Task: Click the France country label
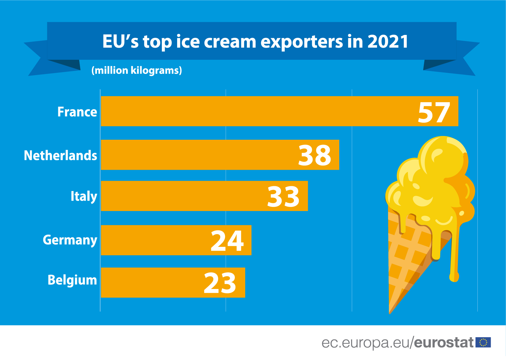pos(77,112)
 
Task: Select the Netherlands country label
pos(60,156)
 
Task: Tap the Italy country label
pos(84,197)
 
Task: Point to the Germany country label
pos(70,240)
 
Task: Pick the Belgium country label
pos(72,280)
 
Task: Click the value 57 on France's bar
pos(434,113)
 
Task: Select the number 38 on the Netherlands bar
pos(314,156)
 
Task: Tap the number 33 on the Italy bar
pos(283,197)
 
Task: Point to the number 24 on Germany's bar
pos(227,241)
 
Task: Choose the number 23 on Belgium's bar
pos(220,283)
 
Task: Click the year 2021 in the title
pos(388,42)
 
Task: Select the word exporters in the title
pos(302,42)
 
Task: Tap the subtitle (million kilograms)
pos(136,70)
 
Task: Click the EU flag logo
pos(483,342)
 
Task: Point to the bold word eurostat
pos(444,343)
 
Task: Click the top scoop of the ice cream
pos(443,156)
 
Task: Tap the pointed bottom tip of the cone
pos(390,312)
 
